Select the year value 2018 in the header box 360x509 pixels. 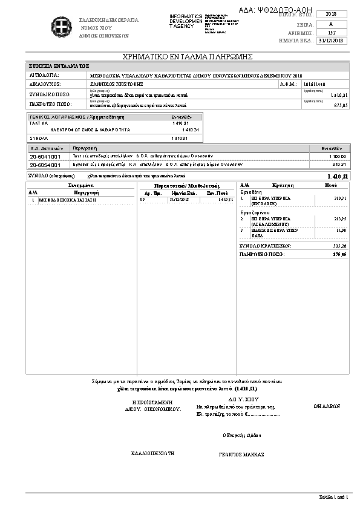(x=331, y=14)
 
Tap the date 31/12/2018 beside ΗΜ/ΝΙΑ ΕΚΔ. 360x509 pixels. (x=331, y=41)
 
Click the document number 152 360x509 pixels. (x=331, y=32)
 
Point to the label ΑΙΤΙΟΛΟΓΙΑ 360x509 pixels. (x=44, y=75)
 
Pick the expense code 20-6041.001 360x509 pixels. (x=45, y=156)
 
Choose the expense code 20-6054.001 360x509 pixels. (x=45, y=164)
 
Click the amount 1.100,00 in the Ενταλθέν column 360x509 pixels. (x=337, y=156)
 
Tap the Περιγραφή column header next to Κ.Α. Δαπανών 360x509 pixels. (x=85, y=148)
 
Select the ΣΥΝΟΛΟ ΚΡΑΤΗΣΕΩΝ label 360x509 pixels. (x=266, y=246)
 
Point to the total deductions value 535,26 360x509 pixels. (x=339, y=246)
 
